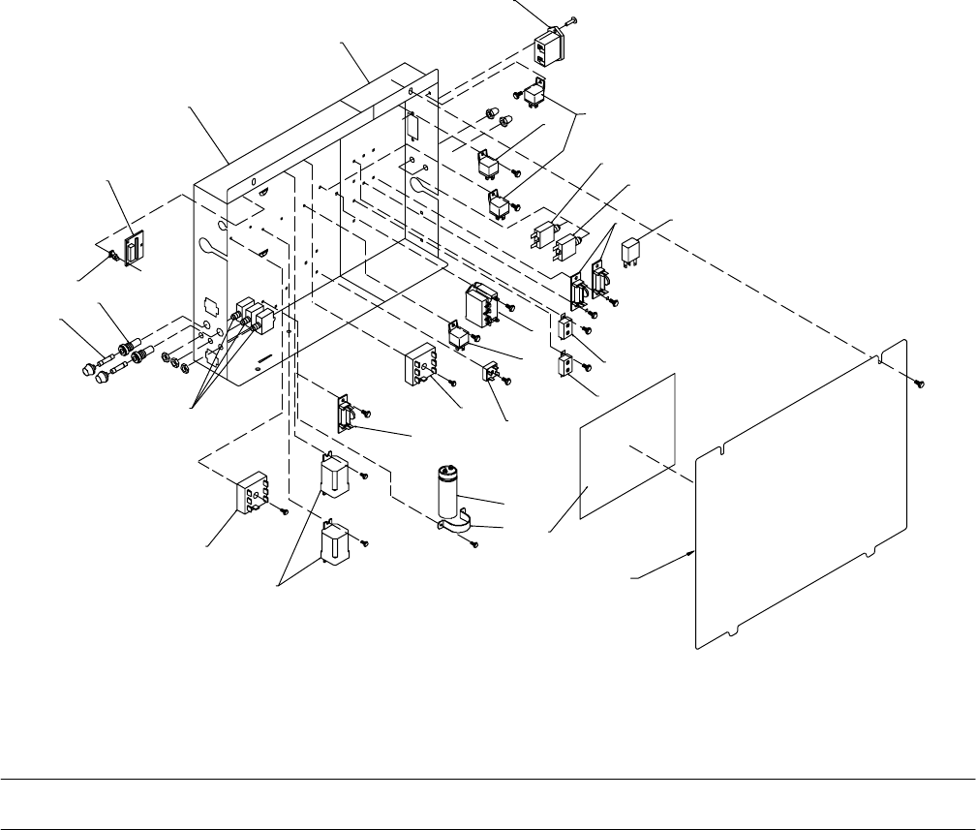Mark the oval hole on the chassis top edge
tap(252, 181)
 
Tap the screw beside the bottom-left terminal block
tap(285, 510)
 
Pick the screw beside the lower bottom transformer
tap(364, 544)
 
